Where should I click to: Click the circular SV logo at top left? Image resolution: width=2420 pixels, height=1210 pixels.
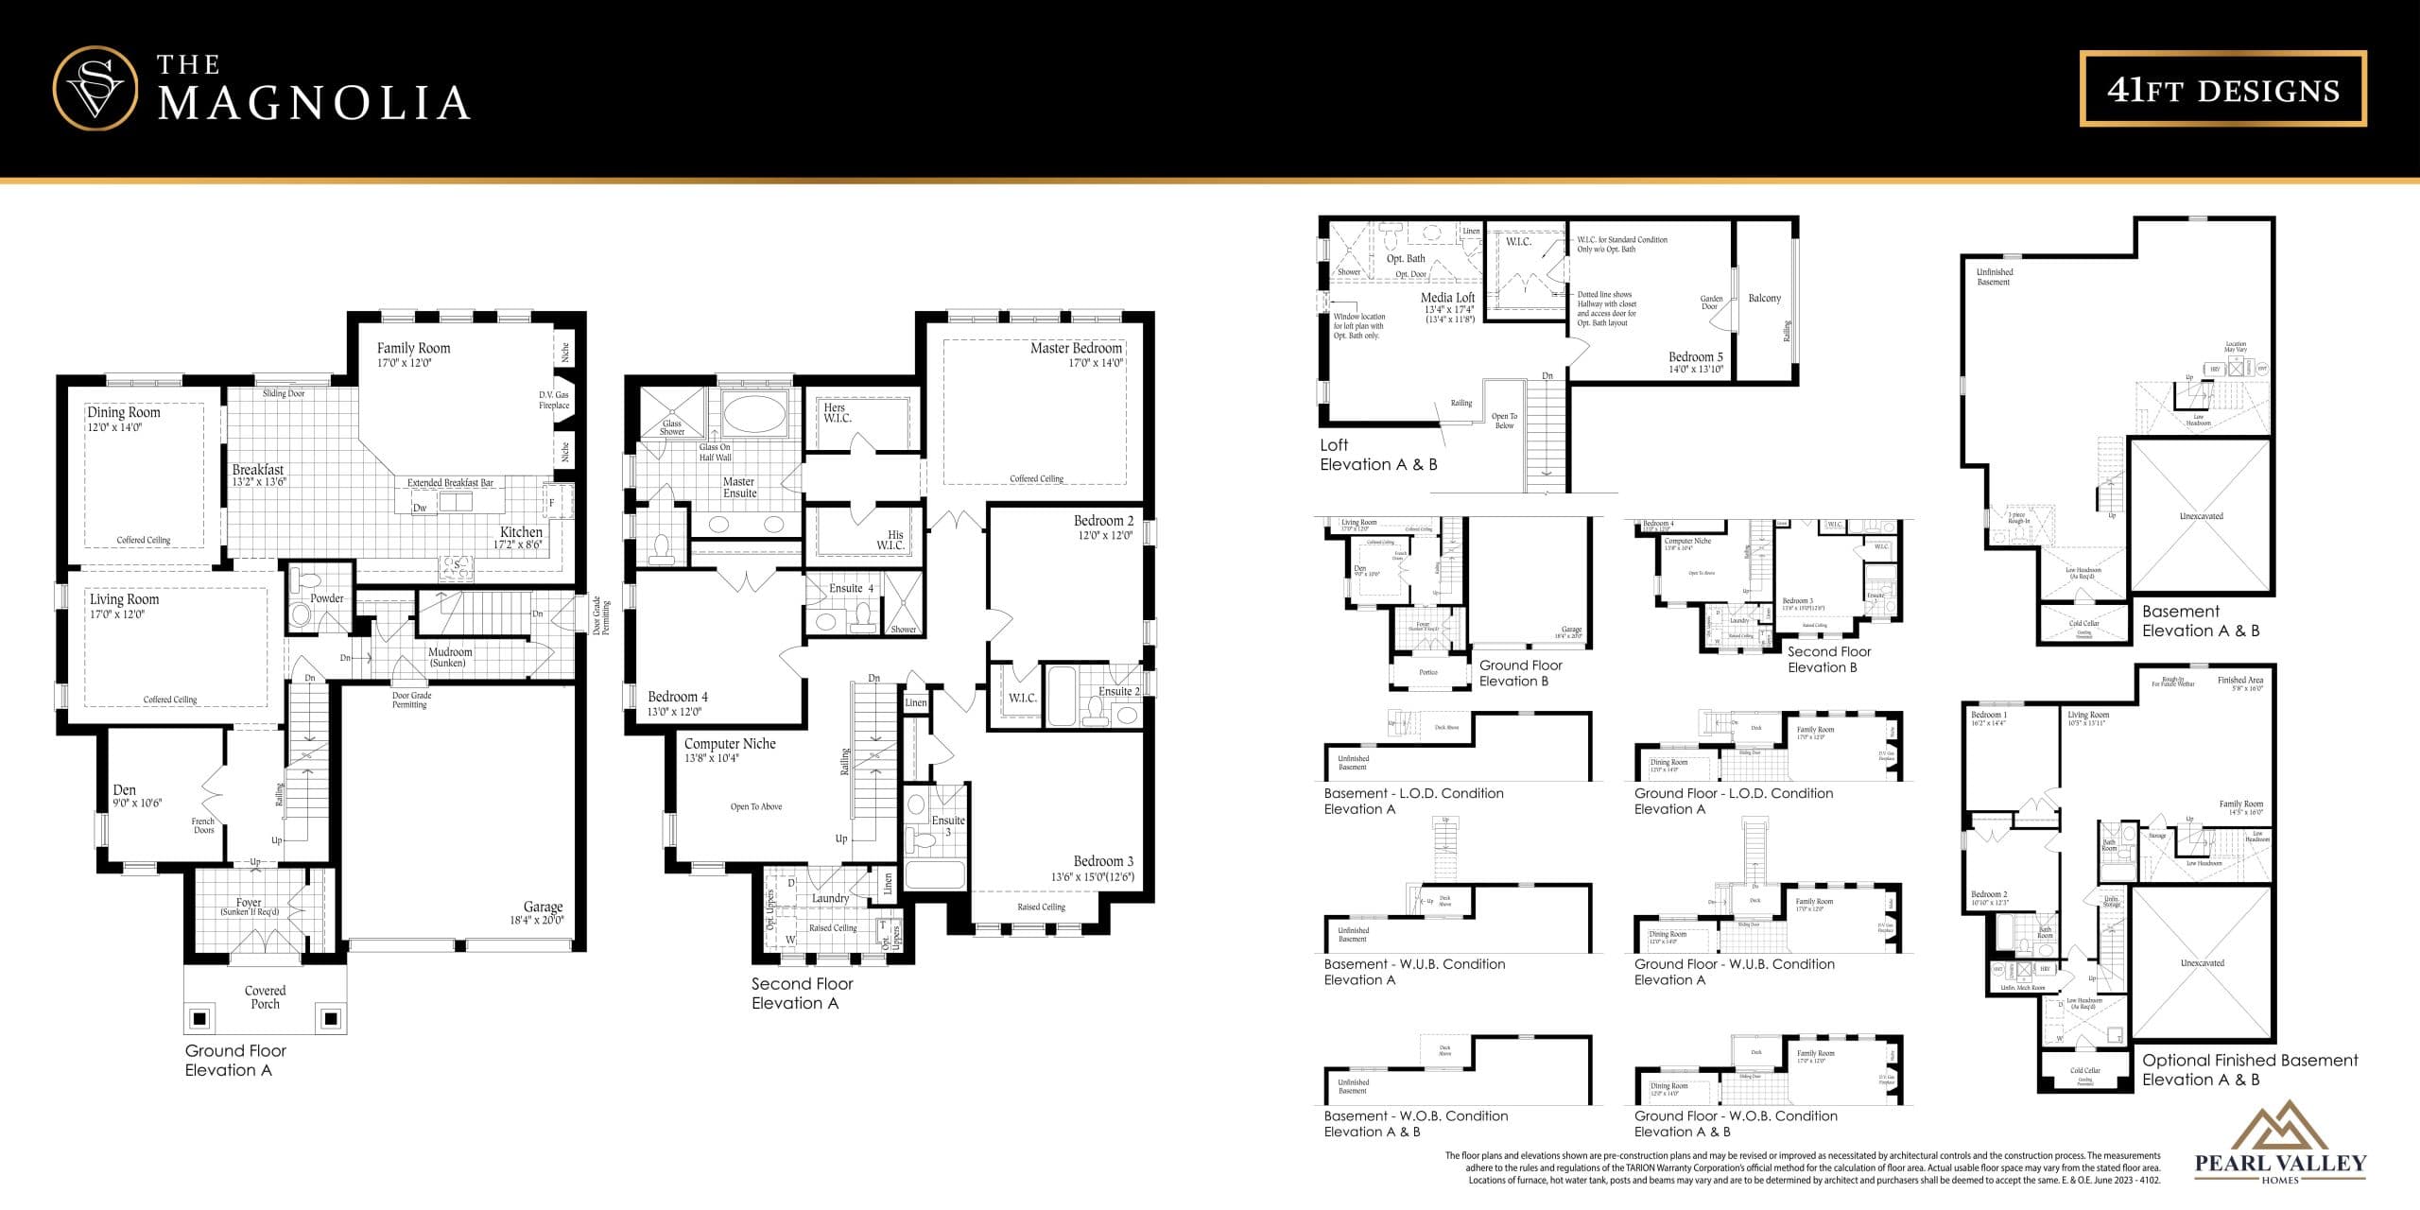click(x=95, y=88)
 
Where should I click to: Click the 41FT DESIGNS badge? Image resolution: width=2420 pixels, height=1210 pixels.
click(x=2222, y=89)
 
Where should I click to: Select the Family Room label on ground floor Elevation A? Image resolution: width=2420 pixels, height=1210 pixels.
click(x=413, y=349)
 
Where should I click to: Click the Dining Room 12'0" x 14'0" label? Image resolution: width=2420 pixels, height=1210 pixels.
click(x=124, y=413)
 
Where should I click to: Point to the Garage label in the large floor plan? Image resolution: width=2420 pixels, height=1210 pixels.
click(x=543, y=907)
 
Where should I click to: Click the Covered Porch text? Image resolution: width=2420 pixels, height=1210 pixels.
click(x=265, y=997)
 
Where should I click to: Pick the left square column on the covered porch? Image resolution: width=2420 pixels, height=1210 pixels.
click(x=199, y=1018)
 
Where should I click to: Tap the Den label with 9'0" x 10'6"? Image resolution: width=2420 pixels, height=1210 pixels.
click(x=125, y=790)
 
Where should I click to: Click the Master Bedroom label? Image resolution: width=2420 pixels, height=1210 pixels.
click(x=1076, y=349)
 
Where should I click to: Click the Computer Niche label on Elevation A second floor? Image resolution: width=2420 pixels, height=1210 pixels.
click(x=730, y=745)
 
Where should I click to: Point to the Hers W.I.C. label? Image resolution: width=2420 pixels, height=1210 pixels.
click(x=837, y=413)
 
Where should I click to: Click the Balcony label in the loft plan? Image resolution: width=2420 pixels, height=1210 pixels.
click(x=1764, y=299)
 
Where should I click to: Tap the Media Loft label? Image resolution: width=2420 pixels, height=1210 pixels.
click(x=1447, y=298)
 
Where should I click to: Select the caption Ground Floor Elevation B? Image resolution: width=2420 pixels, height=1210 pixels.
click(x=1520, y=673)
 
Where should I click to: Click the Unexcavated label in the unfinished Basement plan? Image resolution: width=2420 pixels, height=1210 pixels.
click(x=2201, y=516)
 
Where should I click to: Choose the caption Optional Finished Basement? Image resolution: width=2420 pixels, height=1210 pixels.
click(x=2249, y=1061)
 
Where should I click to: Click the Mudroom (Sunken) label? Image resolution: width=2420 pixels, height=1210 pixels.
click(x=450, y=657)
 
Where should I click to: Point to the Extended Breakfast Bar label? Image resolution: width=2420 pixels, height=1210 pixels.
click(x=450, y=483)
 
